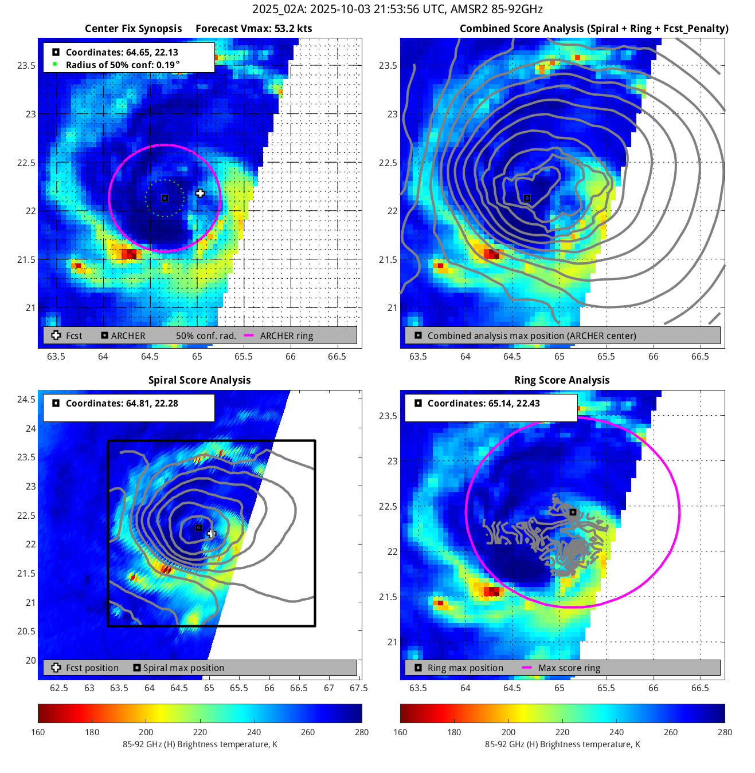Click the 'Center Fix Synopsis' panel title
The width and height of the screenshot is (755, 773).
[x=133, y=29]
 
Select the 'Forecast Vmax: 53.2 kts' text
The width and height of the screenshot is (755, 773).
[x=253, y=29]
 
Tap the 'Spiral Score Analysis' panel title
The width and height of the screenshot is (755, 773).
[x=199, y=380]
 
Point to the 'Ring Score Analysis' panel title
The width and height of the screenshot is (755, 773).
[x=562, y=380]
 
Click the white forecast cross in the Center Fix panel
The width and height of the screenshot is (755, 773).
[x=199, y=194]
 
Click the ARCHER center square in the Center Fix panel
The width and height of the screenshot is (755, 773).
[x=165, y=198]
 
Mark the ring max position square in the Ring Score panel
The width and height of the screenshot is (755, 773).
[x=573, y=512]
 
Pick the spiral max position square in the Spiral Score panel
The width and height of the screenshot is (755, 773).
[x=198, y=527]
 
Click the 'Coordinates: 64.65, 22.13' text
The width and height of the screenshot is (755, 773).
[x=122, y=52]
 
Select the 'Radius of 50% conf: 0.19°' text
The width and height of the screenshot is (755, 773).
[x=123, y=65]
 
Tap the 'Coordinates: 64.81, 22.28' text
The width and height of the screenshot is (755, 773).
[x=122, y=403]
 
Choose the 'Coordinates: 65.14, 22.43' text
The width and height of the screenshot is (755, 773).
[x=483, y=403]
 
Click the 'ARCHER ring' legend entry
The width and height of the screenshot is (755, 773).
[x=286, y=336]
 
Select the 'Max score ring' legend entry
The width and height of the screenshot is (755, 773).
[x=569, y=668]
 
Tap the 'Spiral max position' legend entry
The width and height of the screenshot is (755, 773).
[x=183, y=668]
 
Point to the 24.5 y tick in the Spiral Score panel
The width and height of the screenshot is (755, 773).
[x=26, y=400]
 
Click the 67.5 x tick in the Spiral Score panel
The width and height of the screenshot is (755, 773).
[x=358, y=688]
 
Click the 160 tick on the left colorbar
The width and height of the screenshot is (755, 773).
[x=38, y=732]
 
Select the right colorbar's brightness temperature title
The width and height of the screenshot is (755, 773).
[x=562, y=744]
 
